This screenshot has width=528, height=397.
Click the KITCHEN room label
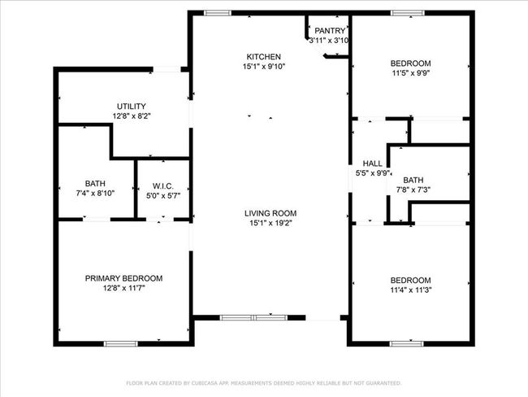264,57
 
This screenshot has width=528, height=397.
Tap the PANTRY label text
330,31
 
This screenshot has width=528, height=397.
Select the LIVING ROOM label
270,213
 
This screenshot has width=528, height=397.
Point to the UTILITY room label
132,107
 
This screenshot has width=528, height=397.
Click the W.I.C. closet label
163,185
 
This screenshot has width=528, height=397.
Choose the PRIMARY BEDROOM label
123,278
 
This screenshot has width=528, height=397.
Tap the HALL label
372,164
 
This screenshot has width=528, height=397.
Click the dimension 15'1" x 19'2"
270,223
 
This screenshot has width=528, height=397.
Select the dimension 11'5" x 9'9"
411,73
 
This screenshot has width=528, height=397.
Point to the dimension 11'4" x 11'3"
411,290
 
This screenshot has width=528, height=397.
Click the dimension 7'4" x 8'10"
95,194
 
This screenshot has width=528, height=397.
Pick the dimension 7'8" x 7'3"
413,190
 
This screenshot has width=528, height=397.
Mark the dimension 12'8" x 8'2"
132,116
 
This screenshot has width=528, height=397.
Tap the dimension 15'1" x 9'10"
264,67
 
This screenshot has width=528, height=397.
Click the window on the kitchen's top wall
218,13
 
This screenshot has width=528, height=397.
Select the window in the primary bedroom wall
120,343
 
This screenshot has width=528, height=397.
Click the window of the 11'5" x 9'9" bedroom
408,13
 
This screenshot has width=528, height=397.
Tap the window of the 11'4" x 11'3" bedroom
407,343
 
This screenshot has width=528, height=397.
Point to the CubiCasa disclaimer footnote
264,383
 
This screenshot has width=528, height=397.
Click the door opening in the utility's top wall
167,69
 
